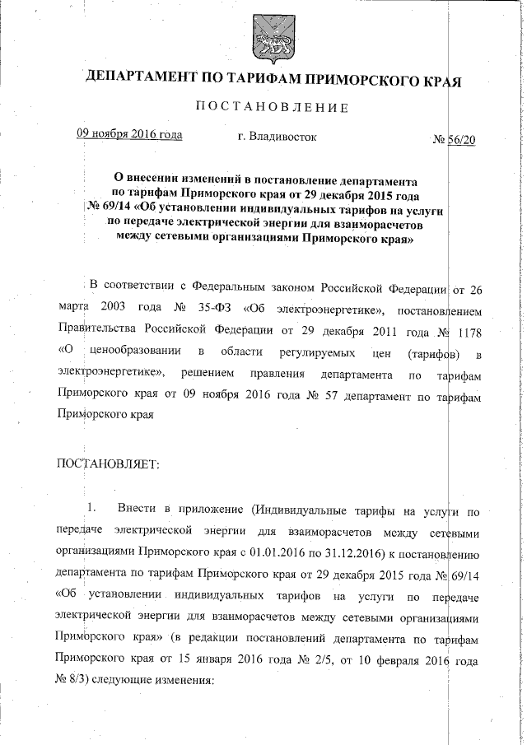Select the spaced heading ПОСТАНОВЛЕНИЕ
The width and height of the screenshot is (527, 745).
[x=272, y=108]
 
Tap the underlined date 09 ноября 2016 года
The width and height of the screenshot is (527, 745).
[x=129, y=135]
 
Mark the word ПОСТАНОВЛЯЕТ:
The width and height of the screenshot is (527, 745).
[x=106, y=465]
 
